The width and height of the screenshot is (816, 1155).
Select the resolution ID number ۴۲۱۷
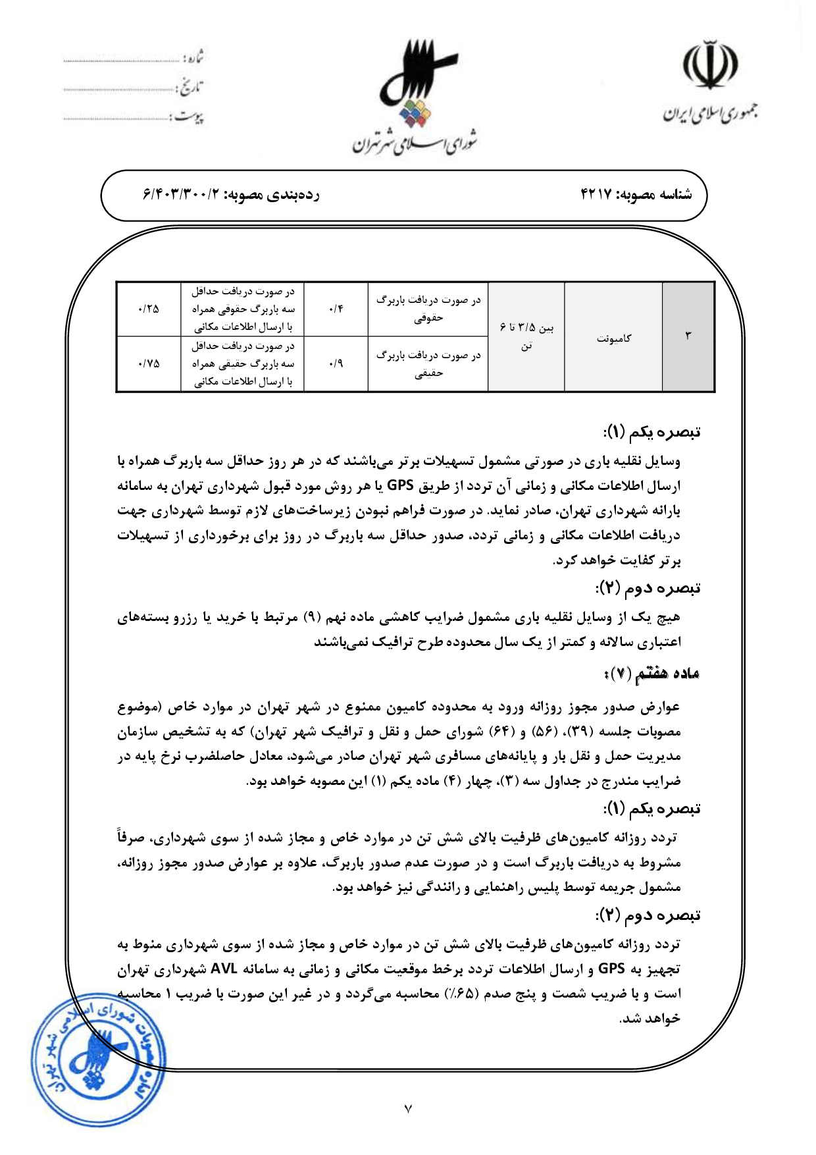click(x=596, y=194)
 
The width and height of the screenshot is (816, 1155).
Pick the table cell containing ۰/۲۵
click(x=149, y=309)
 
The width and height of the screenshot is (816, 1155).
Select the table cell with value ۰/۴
click(x=336, y=309)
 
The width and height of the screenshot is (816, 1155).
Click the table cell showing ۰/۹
click(x=336, y=363)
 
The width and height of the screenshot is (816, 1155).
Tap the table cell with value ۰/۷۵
click(x=149, y=363)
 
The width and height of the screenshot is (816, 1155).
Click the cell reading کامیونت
click(x=613, y=338)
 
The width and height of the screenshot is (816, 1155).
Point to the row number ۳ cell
click(x=688, y=336)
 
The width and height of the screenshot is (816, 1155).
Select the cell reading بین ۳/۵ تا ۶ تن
click(x=526, y=336)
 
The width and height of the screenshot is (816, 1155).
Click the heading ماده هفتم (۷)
click(x=651, y=674)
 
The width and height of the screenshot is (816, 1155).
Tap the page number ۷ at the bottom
click(x=408, y=1109)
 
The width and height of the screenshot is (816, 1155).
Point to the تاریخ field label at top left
click(x=191, y=86)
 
